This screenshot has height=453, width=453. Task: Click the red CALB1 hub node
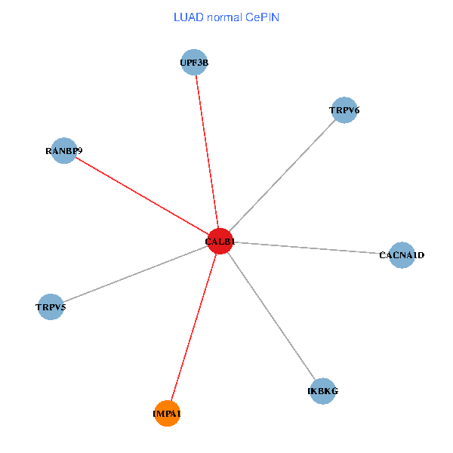tap(219, 241)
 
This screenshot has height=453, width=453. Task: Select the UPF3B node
tap(194, 63)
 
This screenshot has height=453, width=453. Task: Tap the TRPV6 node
tap(344, 110)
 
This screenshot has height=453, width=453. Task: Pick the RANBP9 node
tap(64, 150)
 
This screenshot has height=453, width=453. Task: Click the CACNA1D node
tap(402, 254)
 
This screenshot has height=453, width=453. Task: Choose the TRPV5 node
tap(51, 307)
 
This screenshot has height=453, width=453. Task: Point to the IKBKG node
tap(322, 391)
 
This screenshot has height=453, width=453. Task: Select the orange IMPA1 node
tap(167, 413)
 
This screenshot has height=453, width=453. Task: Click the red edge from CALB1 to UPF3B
tap(206, 151)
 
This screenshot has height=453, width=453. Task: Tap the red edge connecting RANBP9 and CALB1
tap(141, 196)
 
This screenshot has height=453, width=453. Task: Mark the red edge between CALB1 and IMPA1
tap(193, 327)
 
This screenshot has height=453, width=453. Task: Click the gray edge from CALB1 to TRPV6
tap(281, 176)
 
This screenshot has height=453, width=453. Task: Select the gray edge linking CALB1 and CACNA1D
tap(310, 248)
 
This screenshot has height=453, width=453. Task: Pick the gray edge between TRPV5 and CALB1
tap(134, 274)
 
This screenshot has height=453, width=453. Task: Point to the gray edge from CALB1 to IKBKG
tap(270, 316)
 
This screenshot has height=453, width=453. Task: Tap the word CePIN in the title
tap(262, 17)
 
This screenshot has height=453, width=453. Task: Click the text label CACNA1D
tap(402, 255)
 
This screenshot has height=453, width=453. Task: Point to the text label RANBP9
tap(63, 151)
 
